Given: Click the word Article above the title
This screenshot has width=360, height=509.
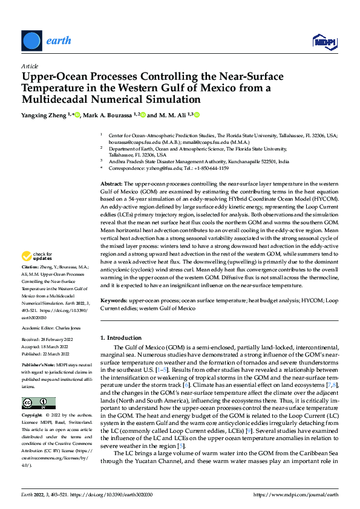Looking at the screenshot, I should coord(29,65).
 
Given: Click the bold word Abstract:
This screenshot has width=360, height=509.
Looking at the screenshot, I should coord(111,183).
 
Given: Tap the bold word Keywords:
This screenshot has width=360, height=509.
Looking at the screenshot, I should coord(114,300).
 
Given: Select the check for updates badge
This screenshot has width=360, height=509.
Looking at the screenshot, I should coord(36,273).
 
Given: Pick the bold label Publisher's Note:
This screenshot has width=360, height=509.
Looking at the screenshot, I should coord(39,366).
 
